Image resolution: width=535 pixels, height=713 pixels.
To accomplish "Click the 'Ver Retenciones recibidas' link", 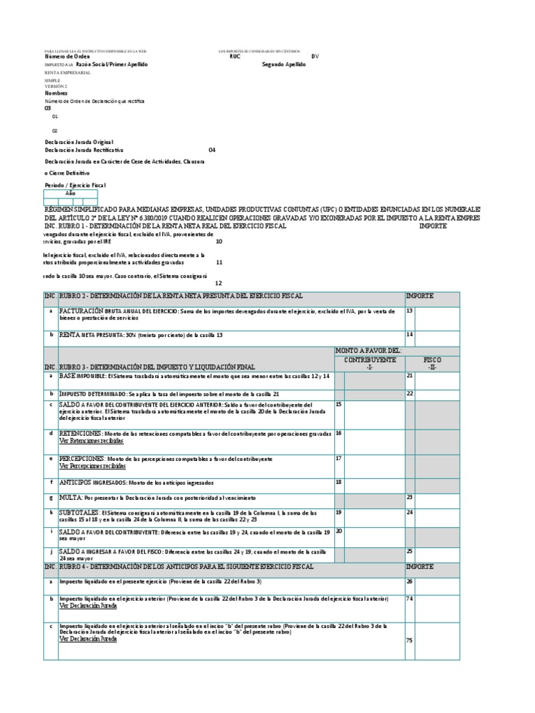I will click(x=91, y=441).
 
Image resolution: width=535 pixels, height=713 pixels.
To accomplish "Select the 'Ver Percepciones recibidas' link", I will click(x=92, y=466).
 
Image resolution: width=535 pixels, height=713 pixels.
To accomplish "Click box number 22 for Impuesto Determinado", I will click(x=437, y=393).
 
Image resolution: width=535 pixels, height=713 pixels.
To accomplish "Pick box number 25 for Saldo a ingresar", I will click(x=437, y=554).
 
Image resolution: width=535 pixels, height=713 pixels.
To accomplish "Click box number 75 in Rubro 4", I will click(x=437, y=641).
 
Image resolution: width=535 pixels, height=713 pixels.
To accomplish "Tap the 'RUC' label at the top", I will click(x=235, y=56).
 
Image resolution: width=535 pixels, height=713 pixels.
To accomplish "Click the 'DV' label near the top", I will click(x=315, y=56).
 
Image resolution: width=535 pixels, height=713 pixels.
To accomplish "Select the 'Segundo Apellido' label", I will click(x=284, y=64).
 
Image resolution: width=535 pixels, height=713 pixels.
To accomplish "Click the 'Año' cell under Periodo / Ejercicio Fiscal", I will click(x=70, y=194).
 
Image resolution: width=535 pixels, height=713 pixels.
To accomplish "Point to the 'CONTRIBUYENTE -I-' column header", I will click(x=369, y=363).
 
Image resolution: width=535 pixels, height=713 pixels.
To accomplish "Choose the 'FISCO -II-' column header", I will click(x=432, y=363).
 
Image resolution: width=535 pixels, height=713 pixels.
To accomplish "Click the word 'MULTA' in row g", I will click(x=70, y=498).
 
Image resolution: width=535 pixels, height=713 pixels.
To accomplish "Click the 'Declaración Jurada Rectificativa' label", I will click(x=84, y=150).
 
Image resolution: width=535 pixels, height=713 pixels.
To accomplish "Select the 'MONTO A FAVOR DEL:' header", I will click(x=369, y=351).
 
